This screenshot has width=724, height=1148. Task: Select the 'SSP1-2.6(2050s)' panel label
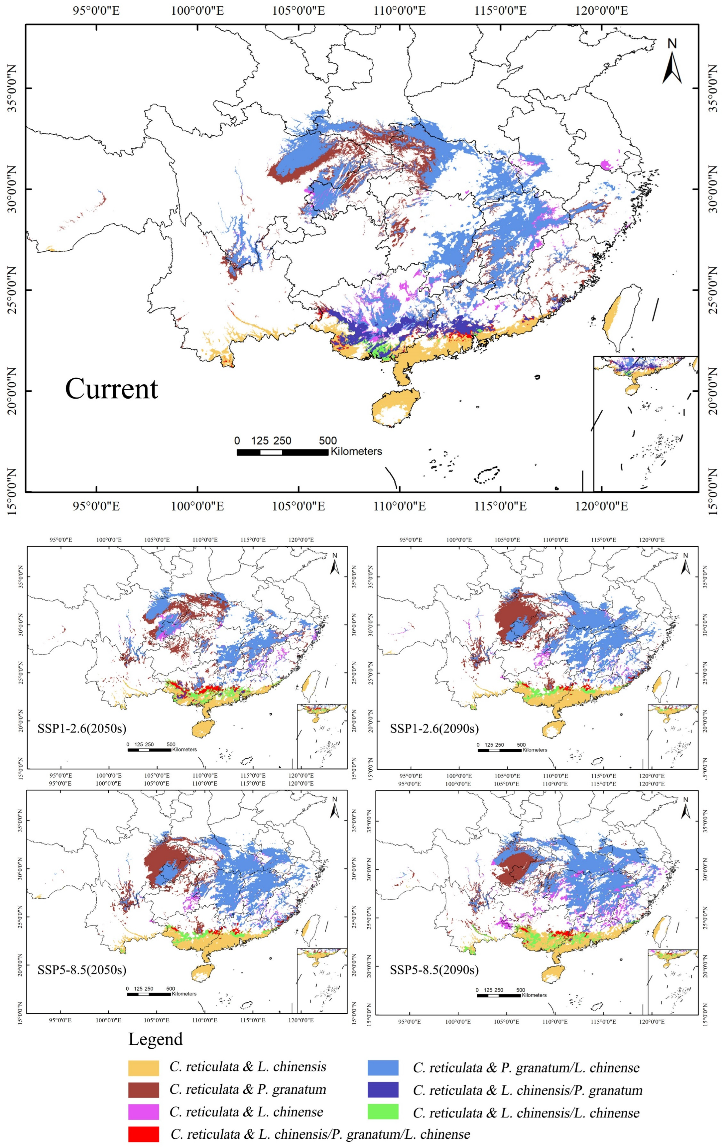pos(82,728)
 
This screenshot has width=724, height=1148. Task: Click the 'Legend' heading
pos(155,1039)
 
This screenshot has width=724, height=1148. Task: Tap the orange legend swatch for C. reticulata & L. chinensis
pos(143,1068)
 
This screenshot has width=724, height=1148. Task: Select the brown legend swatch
pos(143,1090)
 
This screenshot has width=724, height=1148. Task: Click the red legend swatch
pos(143,1134)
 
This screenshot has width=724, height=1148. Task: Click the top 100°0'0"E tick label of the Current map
pos(197,10)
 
